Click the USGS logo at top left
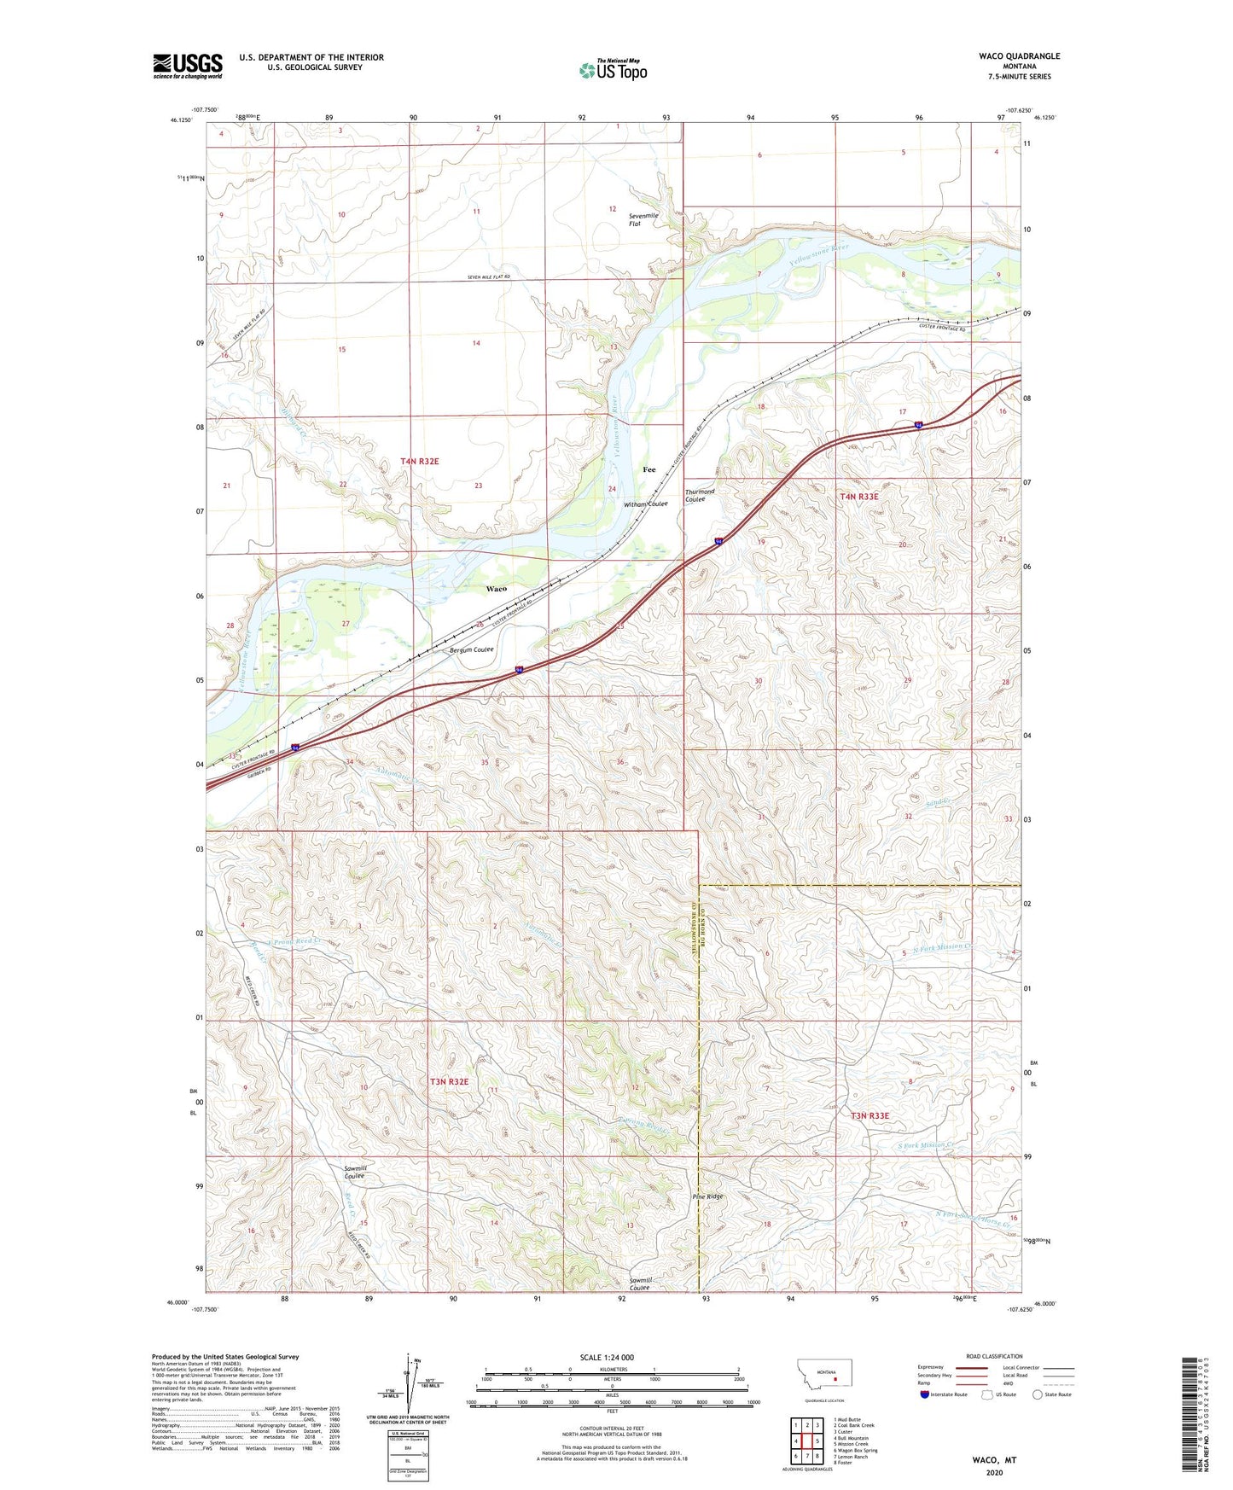click(x=188, y=66)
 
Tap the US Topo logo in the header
click(x=613, y=70)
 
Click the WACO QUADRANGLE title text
click(x=1019, y=56)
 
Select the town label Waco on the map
click(x=496, y=589)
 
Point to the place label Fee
click(x=648, y=470)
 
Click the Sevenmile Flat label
click(x=643, y=219)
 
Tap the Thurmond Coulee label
click(x=700, y=496)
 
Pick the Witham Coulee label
click(x=646, y=504)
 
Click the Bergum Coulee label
click(x=471, y=649)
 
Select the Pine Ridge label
click(x=707, y=1196)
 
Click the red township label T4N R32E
click(x=419, y=462)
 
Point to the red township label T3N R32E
click(x=449, y=1081)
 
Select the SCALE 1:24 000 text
click(x=607, y=1357)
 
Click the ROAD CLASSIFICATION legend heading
click(x=994, y=1356)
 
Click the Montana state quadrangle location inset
click(x=823, y=1378)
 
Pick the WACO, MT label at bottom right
click(x=994, y=1460)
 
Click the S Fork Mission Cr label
click(x=927, y=1145)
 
